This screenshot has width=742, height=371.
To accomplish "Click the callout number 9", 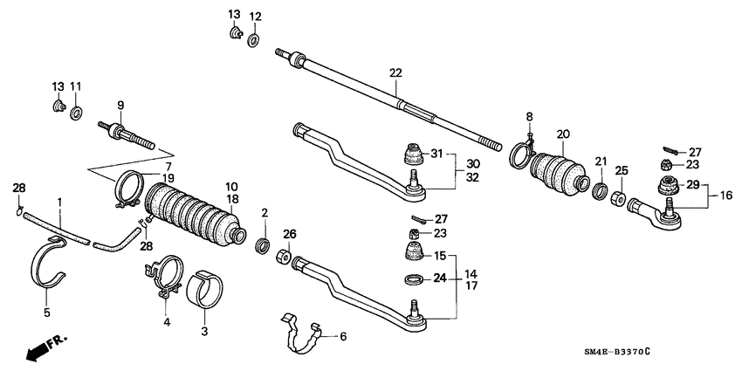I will click(x=120, y=105).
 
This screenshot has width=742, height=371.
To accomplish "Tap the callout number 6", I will click(x=343, y=336).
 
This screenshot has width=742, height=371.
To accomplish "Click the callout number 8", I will click(x=529, y=117).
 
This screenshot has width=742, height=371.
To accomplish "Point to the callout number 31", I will click(x=436, y=154).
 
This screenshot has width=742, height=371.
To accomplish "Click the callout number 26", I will click(x=290, y=233).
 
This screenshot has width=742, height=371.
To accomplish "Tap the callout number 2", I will click(x=264, y=213).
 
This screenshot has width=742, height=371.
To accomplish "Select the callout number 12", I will click(x=255, y=17).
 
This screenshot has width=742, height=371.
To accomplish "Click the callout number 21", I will click(x=601, y=161).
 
